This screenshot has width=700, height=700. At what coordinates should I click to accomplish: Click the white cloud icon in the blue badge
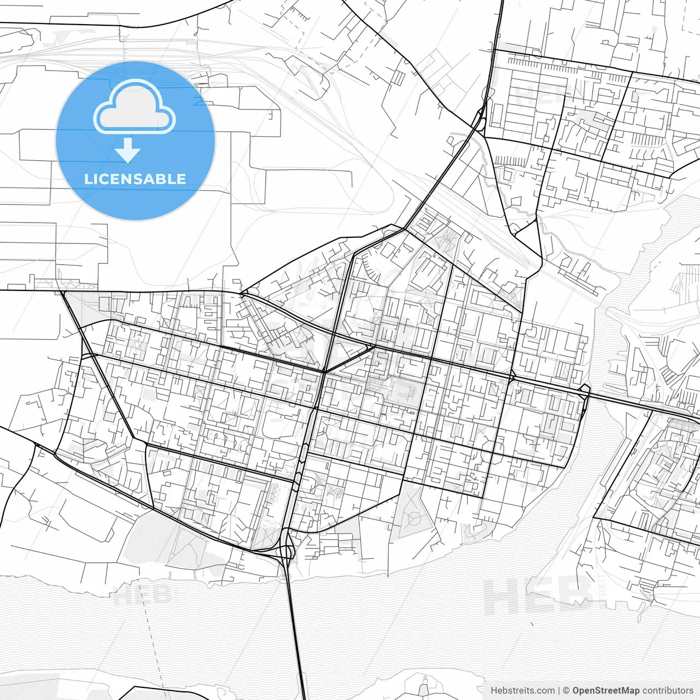135,107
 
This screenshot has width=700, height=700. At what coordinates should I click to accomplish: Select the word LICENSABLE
135,179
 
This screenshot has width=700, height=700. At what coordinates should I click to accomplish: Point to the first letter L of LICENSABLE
88,179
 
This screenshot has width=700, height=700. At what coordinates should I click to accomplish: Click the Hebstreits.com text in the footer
522,691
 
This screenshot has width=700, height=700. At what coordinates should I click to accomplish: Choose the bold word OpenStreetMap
605,691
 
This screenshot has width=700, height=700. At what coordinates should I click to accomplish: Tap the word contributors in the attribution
667,691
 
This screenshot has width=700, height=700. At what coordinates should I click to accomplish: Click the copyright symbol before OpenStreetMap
566,691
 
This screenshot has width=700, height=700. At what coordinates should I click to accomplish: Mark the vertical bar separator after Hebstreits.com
558,691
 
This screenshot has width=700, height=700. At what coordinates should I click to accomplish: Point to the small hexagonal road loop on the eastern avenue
585,392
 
